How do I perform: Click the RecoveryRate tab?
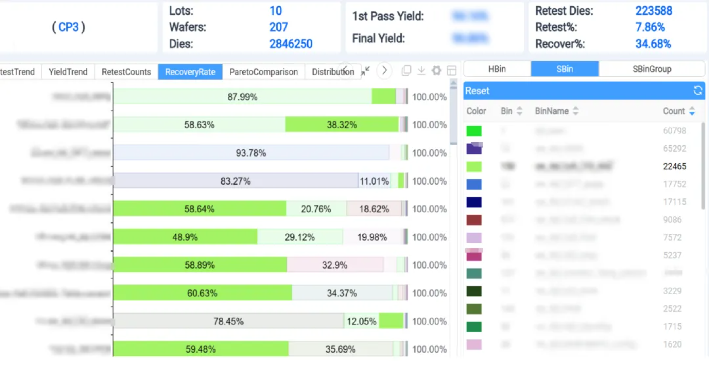tap(190, 72)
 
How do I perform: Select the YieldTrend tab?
tap(68, 72)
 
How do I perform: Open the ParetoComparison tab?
tap(263, 72)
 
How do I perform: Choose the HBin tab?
tap(497, 69)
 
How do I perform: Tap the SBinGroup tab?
tap(652, 69)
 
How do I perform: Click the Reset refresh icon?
tap(698, 90)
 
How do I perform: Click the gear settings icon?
tap(436, 70)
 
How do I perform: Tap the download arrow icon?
tap(421, 70)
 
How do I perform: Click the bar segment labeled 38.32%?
tap(342, 125)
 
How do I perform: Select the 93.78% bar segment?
tap(251, 153)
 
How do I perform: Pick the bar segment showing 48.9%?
tap(185, 237)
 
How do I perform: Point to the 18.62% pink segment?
tap(374, 209)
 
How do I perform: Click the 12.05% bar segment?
tap(361, 321)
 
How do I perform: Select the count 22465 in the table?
tap(674, 166)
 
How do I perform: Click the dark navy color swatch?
tap(474, 202)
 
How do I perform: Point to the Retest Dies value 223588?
tap(654, 11)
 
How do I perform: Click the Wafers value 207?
tap(278, 27)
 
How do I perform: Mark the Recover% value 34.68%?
tap(653, 44)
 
